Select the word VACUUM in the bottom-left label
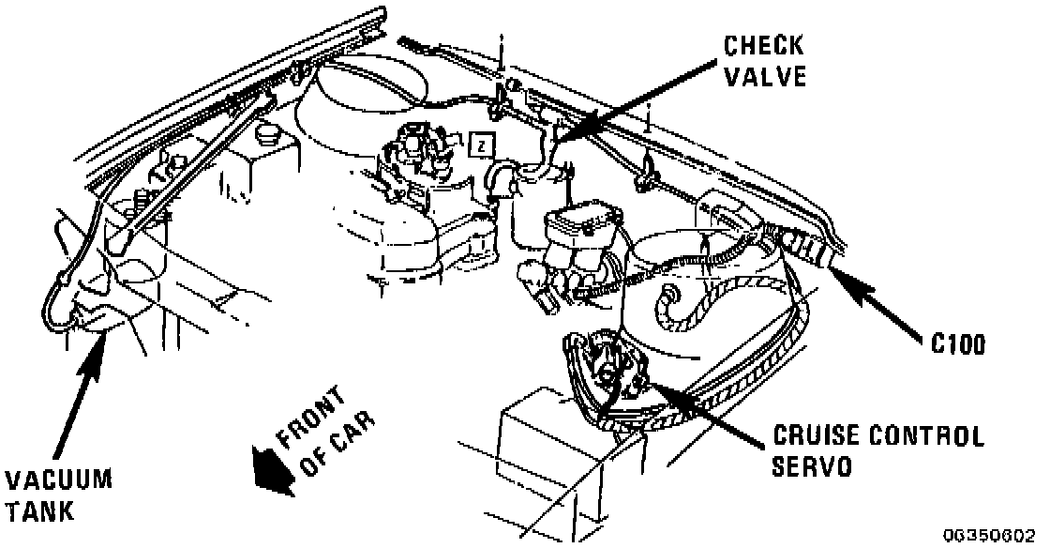[58, 481]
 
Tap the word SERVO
[814, 467]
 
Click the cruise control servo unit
[610, 372]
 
